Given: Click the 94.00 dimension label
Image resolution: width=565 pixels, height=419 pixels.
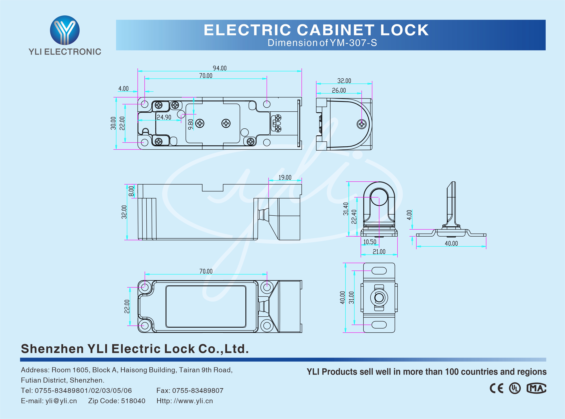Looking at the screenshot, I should [x=220, y=68].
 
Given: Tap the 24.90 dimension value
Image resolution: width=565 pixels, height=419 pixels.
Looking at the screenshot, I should [x=164, y=117].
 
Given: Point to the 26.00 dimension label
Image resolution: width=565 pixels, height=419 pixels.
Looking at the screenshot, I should [x=339, y=90].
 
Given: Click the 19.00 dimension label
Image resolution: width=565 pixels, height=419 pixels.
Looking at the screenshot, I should [x=285, y=177].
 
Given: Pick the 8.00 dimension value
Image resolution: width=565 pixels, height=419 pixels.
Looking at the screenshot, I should [x=131, y=191].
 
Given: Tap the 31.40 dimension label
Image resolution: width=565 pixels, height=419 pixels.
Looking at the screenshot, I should [x=346, y=209].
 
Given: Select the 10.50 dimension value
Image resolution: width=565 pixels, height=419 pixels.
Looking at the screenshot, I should [x=370, y=242].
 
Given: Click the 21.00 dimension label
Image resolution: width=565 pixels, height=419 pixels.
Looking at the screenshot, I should [x=379, y=252].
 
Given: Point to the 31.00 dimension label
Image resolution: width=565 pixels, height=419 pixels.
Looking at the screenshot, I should [x=351, y=298].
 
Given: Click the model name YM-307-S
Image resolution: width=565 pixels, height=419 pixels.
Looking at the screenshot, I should [x=353, y=43].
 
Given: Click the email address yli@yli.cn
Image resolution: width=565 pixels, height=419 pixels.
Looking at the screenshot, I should [x=61, y=401].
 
